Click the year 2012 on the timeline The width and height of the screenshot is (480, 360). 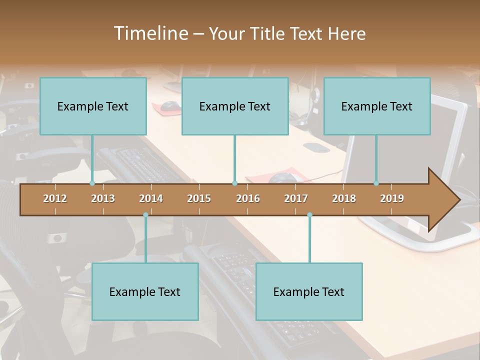click(55, 198)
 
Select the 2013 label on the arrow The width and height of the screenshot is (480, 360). click(103, 198)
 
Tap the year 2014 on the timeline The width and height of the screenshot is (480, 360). click(151, 198)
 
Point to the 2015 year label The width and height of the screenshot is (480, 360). click(199, 198)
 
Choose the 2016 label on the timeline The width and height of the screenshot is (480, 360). click(248, 198)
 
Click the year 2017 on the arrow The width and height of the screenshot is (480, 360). click(296, 198)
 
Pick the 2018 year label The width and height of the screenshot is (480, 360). click(344, 198)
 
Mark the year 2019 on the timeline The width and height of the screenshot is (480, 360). click(392, 198)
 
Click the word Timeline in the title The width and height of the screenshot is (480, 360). click(150, 33)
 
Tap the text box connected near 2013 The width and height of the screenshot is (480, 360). click(93, 106)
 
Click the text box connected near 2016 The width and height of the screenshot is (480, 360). click(235, 106)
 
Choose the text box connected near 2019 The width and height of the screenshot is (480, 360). click(377, 106)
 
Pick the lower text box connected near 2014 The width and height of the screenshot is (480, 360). click(145, 291)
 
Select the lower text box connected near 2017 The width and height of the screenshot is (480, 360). click(309, 291)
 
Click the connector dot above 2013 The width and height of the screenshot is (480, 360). click(92, 183)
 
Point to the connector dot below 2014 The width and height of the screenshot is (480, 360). click(145, 215)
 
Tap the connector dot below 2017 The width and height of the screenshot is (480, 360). click(309, 215)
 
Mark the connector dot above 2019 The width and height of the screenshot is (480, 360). click(376, 183)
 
